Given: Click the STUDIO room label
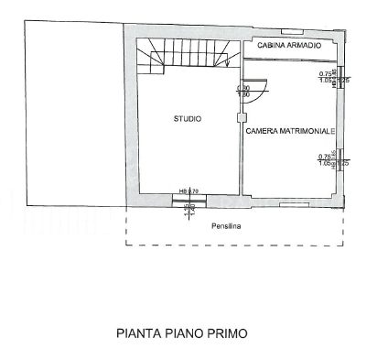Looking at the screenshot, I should pyautogui.click(x=188, y=119).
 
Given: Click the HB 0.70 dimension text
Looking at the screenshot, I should pyautogui.click(x=189, y=190).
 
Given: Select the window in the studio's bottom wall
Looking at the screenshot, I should pyautogui.click(x=189, y=198).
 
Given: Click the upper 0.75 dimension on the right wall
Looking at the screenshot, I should pyautogui.click(x=325, y=73).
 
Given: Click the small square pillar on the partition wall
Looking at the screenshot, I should pyautogui.click(x=241, y=116).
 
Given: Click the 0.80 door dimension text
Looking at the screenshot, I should pyautogui.click(x=243, y=88).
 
